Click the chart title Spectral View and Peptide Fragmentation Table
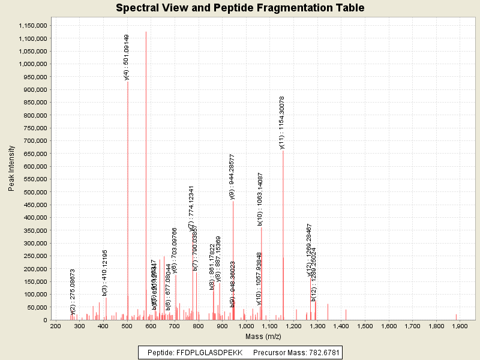point(240,8)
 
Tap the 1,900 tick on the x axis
point(460,326)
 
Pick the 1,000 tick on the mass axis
point(245,326)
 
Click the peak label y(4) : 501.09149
point(126,57)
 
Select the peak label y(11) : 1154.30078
point(282,122)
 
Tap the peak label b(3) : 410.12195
point(104,272)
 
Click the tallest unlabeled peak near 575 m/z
point(146,180)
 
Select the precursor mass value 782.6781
point(322,353)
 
